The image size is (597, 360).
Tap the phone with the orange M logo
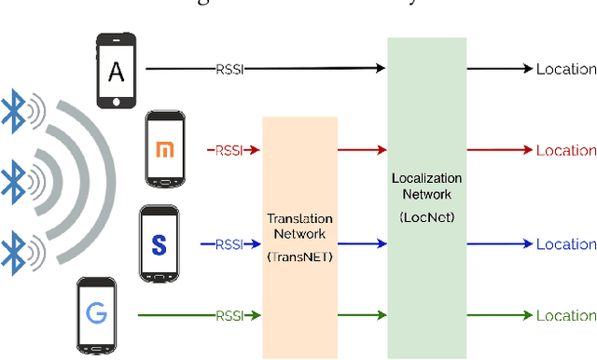click(165, 147)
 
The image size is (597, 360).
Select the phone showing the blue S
click(158, 244)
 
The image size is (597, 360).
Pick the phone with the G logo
click(97, 315)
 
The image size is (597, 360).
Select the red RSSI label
click(229, 149)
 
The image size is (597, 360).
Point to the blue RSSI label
click(229, 244)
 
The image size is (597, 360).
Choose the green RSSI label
click(229, 316)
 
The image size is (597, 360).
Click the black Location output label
click(565, 69)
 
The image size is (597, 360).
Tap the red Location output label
click(565, 149)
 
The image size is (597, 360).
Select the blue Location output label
click(565, 244)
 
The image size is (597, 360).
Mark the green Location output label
click(565, 316)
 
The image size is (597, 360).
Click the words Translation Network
click(299, 226)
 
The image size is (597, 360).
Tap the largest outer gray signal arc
click(110, 177)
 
